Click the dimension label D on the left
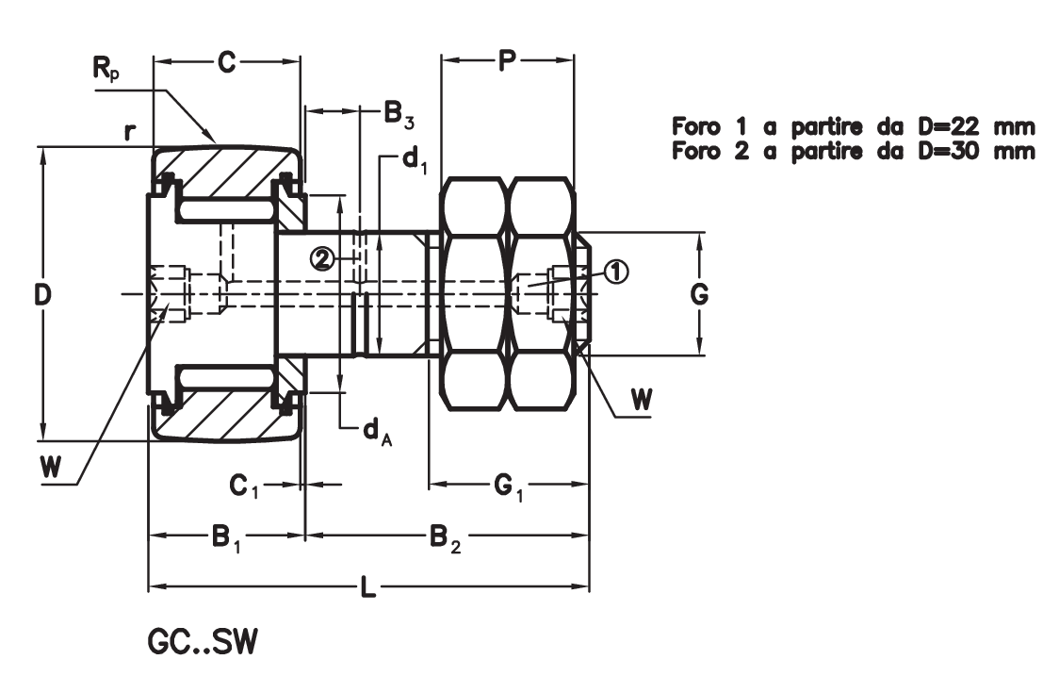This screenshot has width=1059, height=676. (42, 295)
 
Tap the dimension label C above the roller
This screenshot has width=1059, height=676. (226, 62)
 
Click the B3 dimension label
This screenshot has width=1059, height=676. (397, 115)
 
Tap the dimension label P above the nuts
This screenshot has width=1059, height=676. (507, 62)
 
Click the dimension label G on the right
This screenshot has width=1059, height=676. (698, 295)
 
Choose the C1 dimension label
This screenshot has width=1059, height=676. (244, 486)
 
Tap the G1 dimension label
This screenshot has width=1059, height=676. (509, 486)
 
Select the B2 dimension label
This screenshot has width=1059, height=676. (445, 538)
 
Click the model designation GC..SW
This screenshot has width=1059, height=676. (202, 642)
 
